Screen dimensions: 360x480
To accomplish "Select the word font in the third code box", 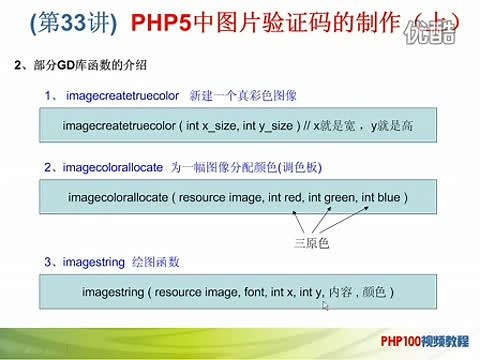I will click(246, 293).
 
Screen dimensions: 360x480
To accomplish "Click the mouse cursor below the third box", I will click(325, 307).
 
